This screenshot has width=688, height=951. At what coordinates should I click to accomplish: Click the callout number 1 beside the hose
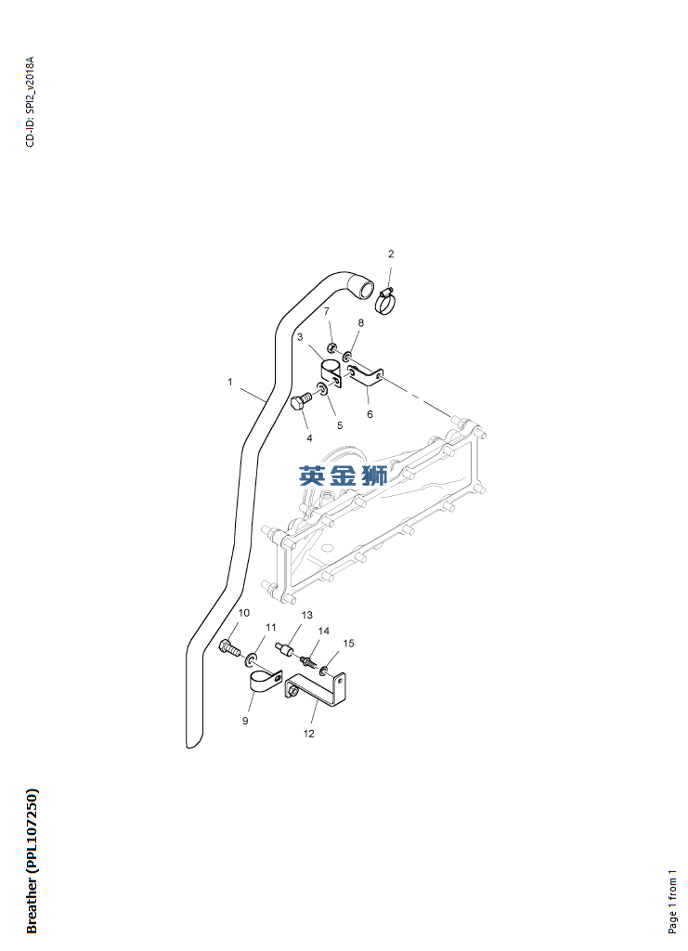coord(230,381)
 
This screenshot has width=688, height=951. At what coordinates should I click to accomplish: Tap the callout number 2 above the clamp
coord(391,254)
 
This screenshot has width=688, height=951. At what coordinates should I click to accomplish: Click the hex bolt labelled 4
coord(301,404)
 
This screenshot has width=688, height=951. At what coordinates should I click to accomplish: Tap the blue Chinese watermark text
coord(343,476)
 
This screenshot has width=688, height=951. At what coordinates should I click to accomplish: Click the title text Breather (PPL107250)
coord(32,860)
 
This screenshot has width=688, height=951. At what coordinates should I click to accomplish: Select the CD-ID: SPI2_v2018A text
coord(30,102)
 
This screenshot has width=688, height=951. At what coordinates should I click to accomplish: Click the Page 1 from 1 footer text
coord(673,901)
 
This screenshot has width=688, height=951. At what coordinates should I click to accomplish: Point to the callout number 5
coord(340,425)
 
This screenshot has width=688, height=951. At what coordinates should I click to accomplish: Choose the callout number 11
coord(271,628)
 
